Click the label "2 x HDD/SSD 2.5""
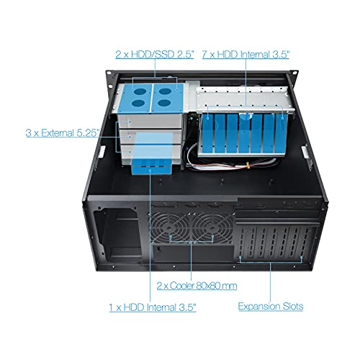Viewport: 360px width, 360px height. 155,54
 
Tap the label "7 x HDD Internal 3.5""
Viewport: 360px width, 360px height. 246,54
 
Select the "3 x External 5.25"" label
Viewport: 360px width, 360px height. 63,132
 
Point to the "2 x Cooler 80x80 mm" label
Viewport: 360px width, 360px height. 197,286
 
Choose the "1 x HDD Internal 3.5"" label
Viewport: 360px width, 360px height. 153,307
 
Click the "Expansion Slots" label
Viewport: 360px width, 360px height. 271,306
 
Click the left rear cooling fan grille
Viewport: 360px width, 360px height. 170,228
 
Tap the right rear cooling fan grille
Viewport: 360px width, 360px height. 213,228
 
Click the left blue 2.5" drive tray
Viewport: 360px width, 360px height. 138,97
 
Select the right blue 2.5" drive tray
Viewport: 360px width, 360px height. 168,97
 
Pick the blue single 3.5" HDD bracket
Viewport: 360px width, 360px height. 152,153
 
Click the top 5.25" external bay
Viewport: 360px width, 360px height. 150,121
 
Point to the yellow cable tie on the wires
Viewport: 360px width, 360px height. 248,165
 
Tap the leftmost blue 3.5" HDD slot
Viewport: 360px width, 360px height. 208,133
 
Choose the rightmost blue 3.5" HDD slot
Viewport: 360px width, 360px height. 282,133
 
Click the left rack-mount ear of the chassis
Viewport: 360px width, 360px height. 110,81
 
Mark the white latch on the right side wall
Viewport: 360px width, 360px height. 306,152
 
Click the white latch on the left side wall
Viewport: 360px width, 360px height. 102,152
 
